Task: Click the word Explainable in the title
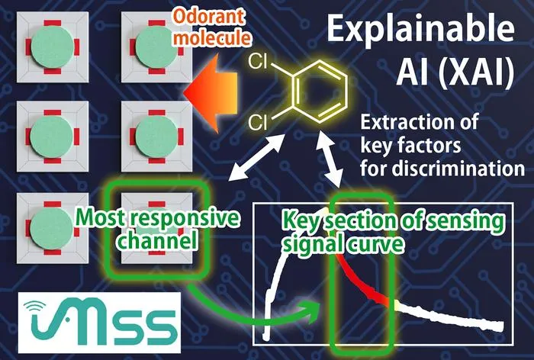click(420, 29)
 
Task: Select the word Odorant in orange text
click(208, 16)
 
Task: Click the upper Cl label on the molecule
click(258, 62)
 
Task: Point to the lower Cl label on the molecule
click(258, 123)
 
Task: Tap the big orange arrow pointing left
click(211, 93)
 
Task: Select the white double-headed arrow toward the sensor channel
click(257, 157)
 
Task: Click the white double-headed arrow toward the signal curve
click(329, 159)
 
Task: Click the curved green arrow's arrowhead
click(314, 311)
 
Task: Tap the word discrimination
click(458, 169)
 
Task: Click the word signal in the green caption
click(311, 244)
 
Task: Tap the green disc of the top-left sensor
click(52, 47)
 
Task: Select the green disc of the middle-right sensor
click(157, 137)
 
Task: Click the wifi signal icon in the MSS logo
click(35, 306)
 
